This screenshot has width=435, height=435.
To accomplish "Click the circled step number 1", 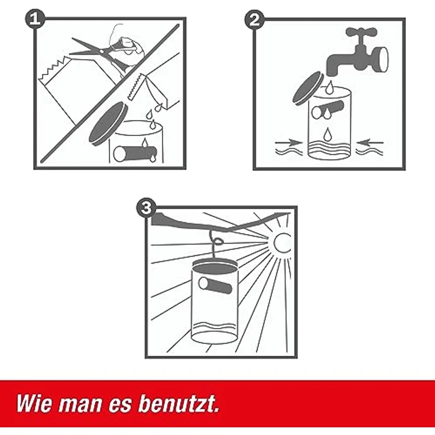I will [x=35, y=19].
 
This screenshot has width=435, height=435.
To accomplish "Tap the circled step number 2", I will [x=254, y=20].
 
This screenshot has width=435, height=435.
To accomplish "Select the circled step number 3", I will [x=145, y=207].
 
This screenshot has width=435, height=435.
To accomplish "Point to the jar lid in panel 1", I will [x=108, y=122].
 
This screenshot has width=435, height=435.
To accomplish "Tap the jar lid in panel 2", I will [x=308, y=88].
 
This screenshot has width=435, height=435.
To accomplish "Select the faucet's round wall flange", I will [x=383, y=59].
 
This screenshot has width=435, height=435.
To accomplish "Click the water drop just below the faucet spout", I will [x=329, y=89].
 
